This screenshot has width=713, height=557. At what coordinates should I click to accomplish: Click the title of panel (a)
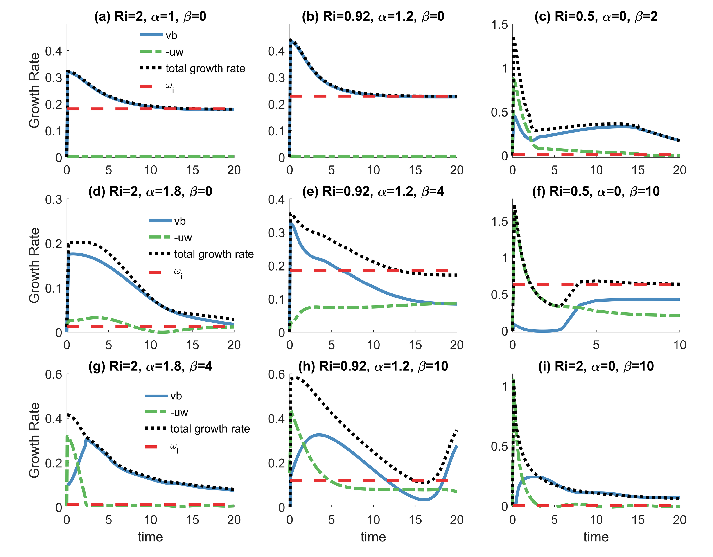(x=150, y=16)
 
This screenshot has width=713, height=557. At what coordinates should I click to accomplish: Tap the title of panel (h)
(x=373, y=366)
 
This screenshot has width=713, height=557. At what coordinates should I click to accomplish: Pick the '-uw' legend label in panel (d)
(x=183, y=238)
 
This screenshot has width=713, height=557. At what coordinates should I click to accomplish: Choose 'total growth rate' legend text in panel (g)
(x=210, y=429)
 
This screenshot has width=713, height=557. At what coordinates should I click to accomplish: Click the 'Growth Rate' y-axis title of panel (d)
(x=34, y=265)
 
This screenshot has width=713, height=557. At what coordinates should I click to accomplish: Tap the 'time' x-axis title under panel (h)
(x=373, y=537)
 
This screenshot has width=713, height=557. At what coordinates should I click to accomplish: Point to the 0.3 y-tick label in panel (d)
(x=54, y=199)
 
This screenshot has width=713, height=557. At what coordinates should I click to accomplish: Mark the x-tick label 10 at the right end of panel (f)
(x=680, y=345)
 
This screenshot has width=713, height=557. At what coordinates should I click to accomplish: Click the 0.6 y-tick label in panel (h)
(x=277, y=374)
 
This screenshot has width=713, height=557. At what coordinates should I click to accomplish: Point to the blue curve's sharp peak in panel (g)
(x=86, y=440)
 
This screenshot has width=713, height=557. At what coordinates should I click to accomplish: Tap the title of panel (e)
(x=373, y=191)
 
